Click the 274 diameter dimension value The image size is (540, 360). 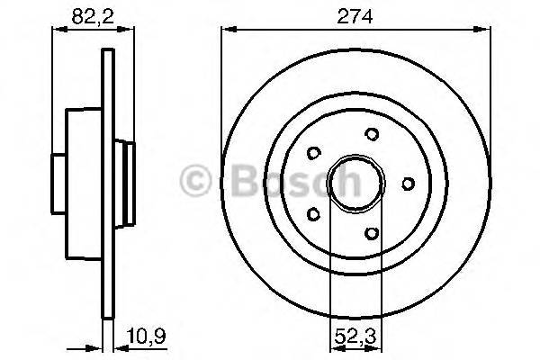click(356, 15)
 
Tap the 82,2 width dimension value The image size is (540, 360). click(87, 15)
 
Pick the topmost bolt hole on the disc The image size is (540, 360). click(372, 134)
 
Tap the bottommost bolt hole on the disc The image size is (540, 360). click(372, 233)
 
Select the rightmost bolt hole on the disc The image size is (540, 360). click(408, 184)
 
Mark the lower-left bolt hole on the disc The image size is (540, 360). click(312, 214)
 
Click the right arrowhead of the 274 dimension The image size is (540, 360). click(486, 32)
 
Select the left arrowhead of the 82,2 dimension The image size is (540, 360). click(56, 32)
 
